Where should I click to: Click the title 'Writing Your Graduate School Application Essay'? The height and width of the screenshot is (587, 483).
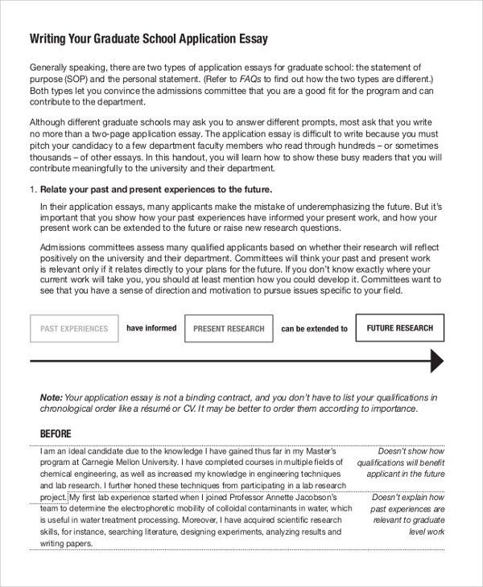click(149, 38)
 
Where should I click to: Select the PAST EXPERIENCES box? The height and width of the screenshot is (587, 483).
click(74, 329)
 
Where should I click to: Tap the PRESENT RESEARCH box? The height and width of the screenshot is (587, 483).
click(229, 329)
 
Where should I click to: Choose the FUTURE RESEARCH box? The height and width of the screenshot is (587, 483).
click(399, 328)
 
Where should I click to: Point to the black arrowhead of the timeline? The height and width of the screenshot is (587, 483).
click(436, 361)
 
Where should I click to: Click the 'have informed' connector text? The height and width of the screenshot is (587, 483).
click(151, 328)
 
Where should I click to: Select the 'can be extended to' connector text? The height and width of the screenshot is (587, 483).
click(314, 329)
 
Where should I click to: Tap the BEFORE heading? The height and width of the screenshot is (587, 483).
click(56, 434)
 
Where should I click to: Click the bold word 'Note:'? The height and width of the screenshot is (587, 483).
click(51, 397)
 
